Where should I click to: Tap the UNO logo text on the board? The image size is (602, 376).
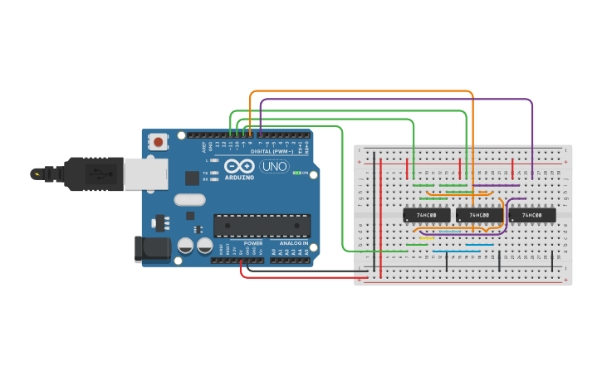coord(274,166)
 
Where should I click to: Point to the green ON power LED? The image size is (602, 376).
coord(296,173)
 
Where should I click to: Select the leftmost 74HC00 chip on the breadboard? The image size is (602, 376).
coord(426,215)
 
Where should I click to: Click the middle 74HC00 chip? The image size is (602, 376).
coord(479,215)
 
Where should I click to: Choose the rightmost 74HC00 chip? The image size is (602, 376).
coord(531,215)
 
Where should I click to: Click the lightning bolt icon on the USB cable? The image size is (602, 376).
coord(36,174)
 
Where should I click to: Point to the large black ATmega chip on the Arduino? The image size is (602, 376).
coord(262,226)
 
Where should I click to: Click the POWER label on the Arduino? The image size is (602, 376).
coord(252,242)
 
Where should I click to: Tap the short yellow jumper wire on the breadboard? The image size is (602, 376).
coord(427,238)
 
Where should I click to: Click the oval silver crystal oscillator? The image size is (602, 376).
coord(189,199)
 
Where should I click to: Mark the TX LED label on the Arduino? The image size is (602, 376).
coord(205,173)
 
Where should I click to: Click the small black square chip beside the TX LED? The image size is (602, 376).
coord(192,177)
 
